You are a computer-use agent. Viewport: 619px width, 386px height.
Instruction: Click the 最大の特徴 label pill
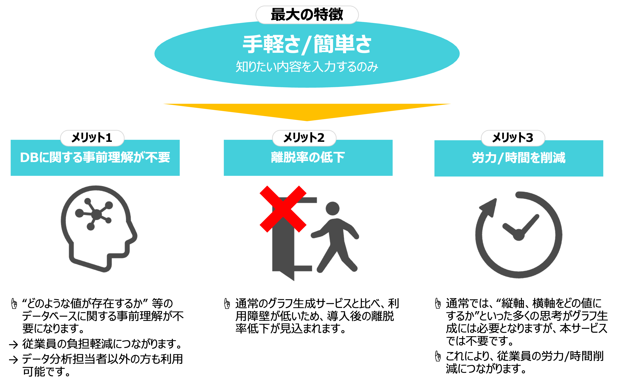pos(307,14)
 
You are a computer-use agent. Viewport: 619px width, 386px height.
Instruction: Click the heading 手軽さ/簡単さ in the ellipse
pos(307,45)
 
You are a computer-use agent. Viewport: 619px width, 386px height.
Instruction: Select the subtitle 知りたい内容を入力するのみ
pos(307,67)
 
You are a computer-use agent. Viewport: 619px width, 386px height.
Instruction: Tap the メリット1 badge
pos(92,138)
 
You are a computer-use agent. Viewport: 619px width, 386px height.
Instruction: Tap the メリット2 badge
pos(304,138)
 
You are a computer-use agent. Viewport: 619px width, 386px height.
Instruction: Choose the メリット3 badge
pos(513,138)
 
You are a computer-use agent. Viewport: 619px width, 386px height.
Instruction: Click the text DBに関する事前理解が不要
pos(95,157)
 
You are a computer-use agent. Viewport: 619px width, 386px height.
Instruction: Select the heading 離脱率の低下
pos(308,157)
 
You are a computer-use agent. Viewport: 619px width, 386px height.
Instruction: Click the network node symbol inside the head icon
pos(96,214)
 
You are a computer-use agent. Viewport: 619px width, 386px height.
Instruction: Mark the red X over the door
pos(283,209)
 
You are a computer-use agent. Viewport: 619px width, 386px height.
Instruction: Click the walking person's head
pos(332,208)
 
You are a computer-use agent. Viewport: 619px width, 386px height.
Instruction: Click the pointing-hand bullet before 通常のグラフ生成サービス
pos(227,304)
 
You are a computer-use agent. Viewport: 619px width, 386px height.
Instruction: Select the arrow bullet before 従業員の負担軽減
pos(14,345)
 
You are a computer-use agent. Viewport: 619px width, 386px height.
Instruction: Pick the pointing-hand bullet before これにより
pos(438,356)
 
